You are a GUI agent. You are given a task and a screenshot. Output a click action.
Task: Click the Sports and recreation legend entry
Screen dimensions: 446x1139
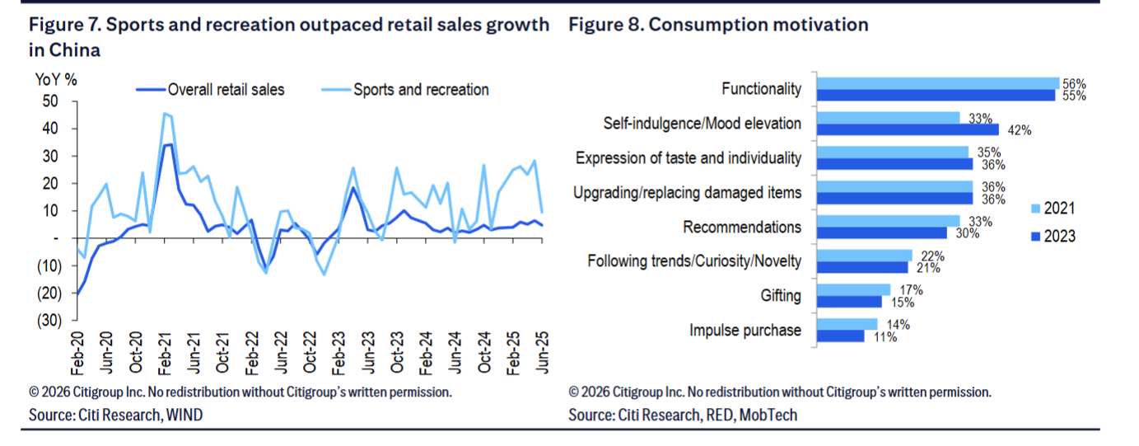tap(420, 90)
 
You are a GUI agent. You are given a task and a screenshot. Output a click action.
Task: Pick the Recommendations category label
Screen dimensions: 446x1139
tap(742, 227)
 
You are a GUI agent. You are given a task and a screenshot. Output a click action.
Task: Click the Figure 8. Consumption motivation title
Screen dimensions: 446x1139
tap(718, 25)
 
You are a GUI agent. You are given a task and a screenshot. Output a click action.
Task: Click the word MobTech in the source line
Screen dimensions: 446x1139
tap(768, 415)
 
